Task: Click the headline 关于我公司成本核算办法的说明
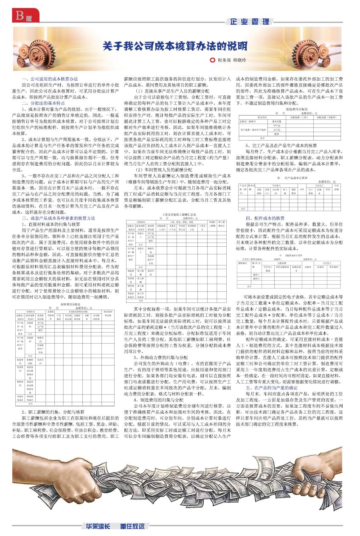pyautogui.click(x=175, y=46)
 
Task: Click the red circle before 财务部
pyautogui.click(x=213, y=60)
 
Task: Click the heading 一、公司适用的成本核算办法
pyautogui.click(x=50, y=79)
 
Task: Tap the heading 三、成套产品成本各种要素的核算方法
pyautogui.click(x=59, y=218)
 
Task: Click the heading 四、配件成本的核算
pyautogui.click(x=265, y=218)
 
